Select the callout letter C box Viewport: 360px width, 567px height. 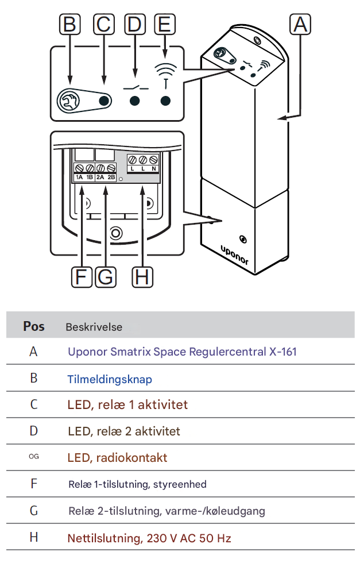click(103, 25)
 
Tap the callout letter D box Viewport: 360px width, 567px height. click(135, 25)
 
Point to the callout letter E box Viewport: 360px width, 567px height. click(165, 25)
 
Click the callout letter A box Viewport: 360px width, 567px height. click(301, 25)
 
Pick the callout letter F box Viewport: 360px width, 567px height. click(82, 277)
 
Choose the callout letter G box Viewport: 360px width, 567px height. click(105, 277)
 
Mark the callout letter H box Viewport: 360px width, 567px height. click(142, 277)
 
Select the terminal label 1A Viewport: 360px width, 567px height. click(79, 178)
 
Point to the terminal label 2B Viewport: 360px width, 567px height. click(111, 178)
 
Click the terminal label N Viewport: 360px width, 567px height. click(154, 169)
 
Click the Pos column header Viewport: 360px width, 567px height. click(33, 326)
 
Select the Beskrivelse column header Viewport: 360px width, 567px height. click(94, 327)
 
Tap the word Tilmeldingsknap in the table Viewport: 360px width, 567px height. click(110, 379)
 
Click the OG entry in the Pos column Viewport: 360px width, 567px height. click(33, 457)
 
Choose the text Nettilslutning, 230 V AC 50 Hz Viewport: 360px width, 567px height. click(149, 538)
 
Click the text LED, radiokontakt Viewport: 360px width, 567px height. click(117, 458)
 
